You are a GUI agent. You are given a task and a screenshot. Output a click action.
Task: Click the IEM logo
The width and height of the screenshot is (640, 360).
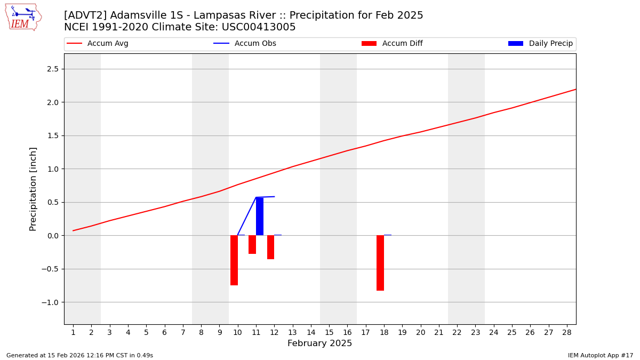(23, 17)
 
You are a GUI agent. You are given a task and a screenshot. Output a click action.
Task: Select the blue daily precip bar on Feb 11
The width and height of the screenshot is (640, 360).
(260, 216)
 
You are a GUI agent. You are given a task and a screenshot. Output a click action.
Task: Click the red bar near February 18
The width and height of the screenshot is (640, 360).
(380, 262)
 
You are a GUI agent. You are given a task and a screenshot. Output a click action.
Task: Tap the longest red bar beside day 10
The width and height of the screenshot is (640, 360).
(234, 260)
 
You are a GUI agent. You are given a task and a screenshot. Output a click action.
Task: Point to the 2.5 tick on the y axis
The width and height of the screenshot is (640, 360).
(53, 69)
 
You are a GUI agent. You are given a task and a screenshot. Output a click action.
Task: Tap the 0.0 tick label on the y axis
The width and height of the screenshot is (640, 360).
(53, 236)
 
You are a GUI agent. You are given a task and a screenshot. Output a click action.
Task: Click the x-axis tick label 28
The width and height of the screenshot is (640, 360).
(567, 333)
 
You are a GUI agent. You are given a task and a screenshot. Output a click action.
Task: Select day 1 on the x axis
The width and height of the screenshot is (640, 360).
(73, 333)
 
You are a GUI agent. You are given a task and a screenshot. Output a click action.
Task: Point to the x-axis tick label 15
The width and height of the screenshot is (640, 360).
(329, 333)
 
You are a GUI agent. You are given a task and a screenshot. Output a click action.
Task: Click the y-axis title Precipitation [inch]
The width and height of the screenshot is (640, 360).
(33, 189)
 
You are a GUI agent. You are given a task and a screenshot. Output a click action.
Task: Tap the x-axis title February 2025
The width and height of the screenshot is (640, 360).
(319, 343)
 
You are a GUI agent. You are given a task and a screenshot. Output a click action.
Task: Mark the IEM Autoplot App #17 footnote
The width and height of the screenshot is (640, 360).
(601, 355)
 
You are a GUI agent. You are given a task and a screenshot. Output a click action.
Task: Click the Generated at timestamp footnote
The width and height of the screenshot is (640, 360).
(79, 355)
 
